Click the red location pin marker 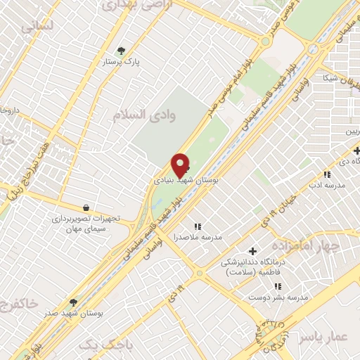pyautogui.click(x=181, y=165)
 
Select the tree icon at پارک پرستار pyautogui.click(x=122, y=51)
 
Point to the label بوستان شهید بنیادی pyautogui.click(x=186, y=181)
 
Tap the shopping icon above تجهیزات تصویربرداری pyautogui.click(x=86, y=207)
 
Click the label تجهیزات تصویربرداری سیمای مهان pyautogui.click(x=86, y=224)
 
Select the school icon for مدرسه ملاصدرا pyautogui.click(x=198, y=226)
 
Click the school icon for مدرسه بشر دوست pyautogui.click(x=278, y=286)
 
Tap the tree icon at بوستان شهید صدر pyautogui.click(x=73, y=302)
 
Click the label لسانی pyautogui.click(x=37, y=27)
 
